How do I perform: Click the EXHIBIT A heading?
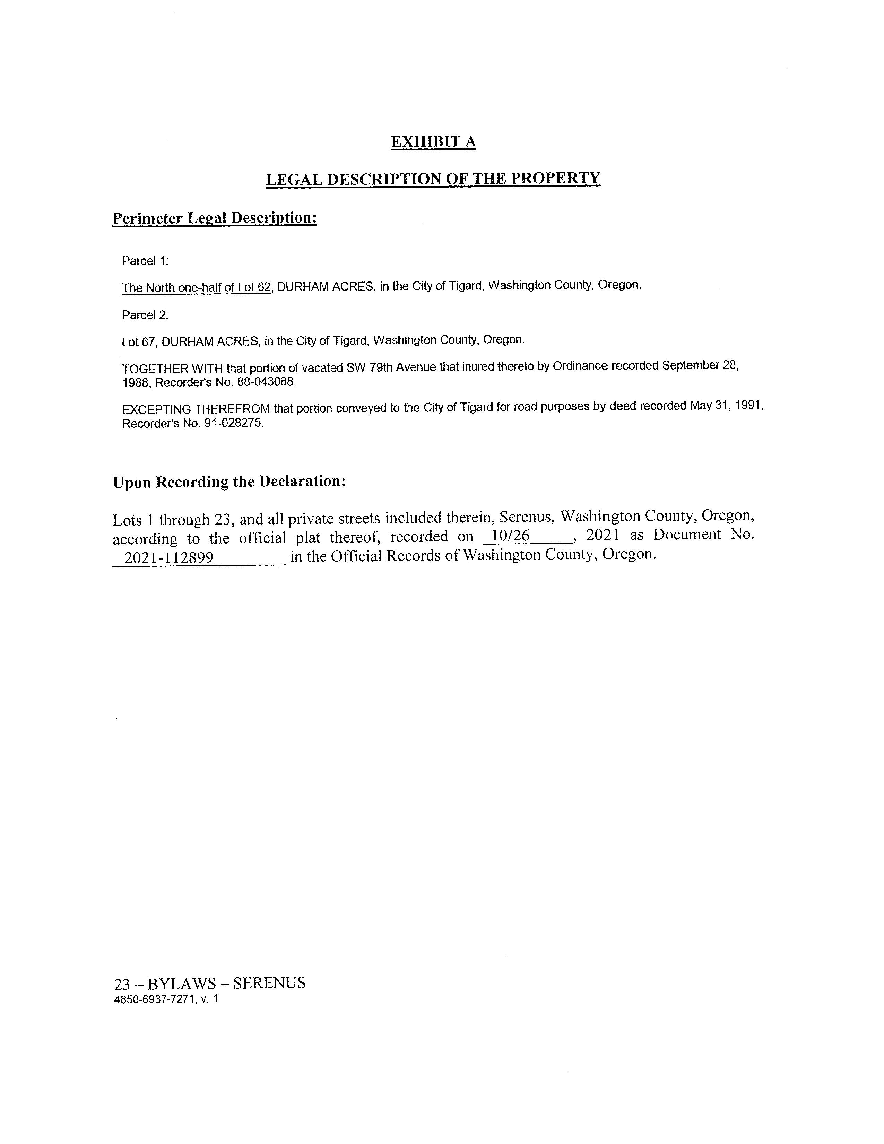tap(433, 141)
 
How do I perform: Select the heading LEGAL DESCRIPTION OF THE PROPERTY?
tap(433, 179)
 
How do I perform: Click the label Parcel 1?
tap(145, 261)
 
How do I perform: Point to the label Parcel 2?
tap(145, 315)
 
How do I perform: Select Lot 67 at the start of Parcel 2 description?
tap(139, 342)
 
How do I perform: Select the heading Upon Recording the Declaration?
tap(229, 482)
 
